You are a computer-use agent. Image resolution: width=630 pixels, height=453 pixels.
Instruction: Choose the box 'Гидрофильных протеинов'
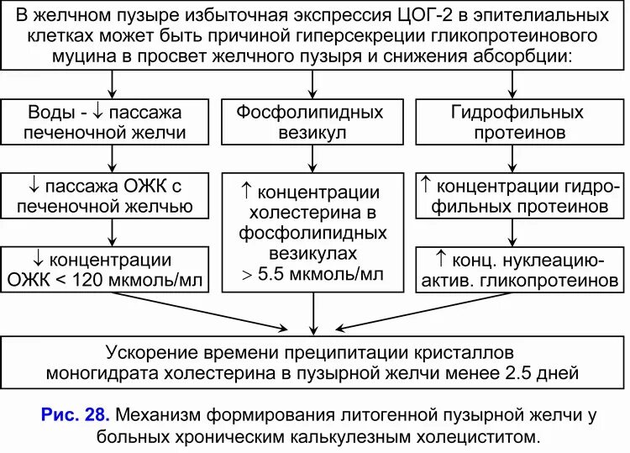(x=517, y=123)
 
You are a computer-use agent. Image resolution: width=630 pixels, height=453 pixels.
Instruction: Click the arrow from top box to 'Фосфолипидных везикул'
(x=312, y=85)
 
